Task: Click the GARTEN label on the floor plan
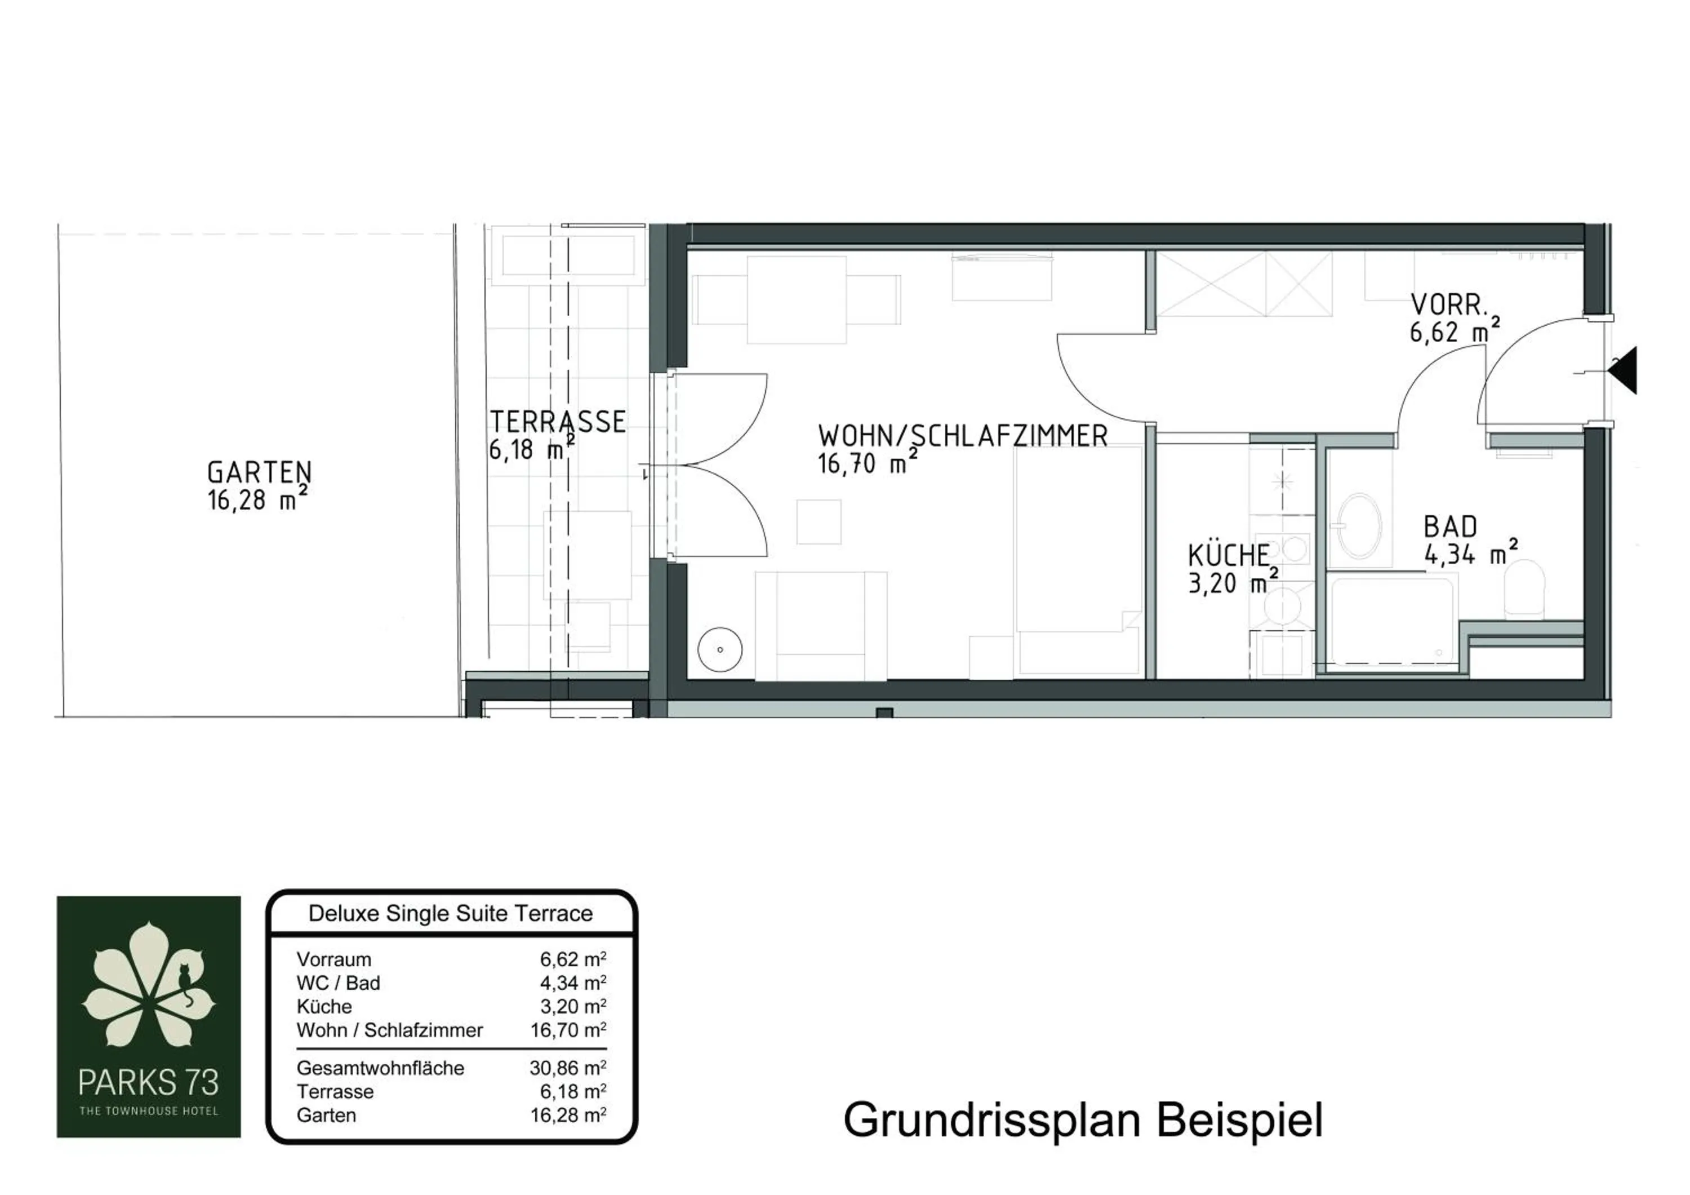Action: [x=260, y=472]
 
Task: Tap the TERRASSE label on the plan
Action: [x=558, y=422]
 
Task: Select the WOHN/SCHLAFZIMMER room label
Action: [x=962, y=436]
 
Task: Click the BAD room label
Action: [x=1450, y=527]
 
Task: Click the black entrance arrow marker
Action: [x=1623, y=370]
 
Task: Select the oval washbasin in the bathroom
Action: [x=1359, y=526]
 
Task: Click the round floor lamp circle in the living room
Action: [x=719, y=649]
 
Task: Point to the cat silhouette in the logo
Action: [x=185, y=984]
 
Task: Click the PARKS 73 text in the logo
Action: [x=149, y=1082]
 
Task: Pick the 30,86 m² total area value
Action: [x=567, y=1068]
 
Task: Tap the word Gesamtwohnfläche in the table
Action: [x=381, y=1068]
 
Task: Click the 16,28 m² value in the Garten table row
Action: [x=567, y=1116]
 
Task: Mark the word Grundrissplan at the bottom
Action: [x=991, y=1121]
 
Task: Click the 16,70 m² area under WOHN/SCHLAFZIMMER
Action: [x=866, y=464]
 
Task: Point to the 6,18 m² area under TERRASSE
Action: [x=531, y=450]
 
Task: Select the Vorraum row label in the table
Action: [x=334, y=959]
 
